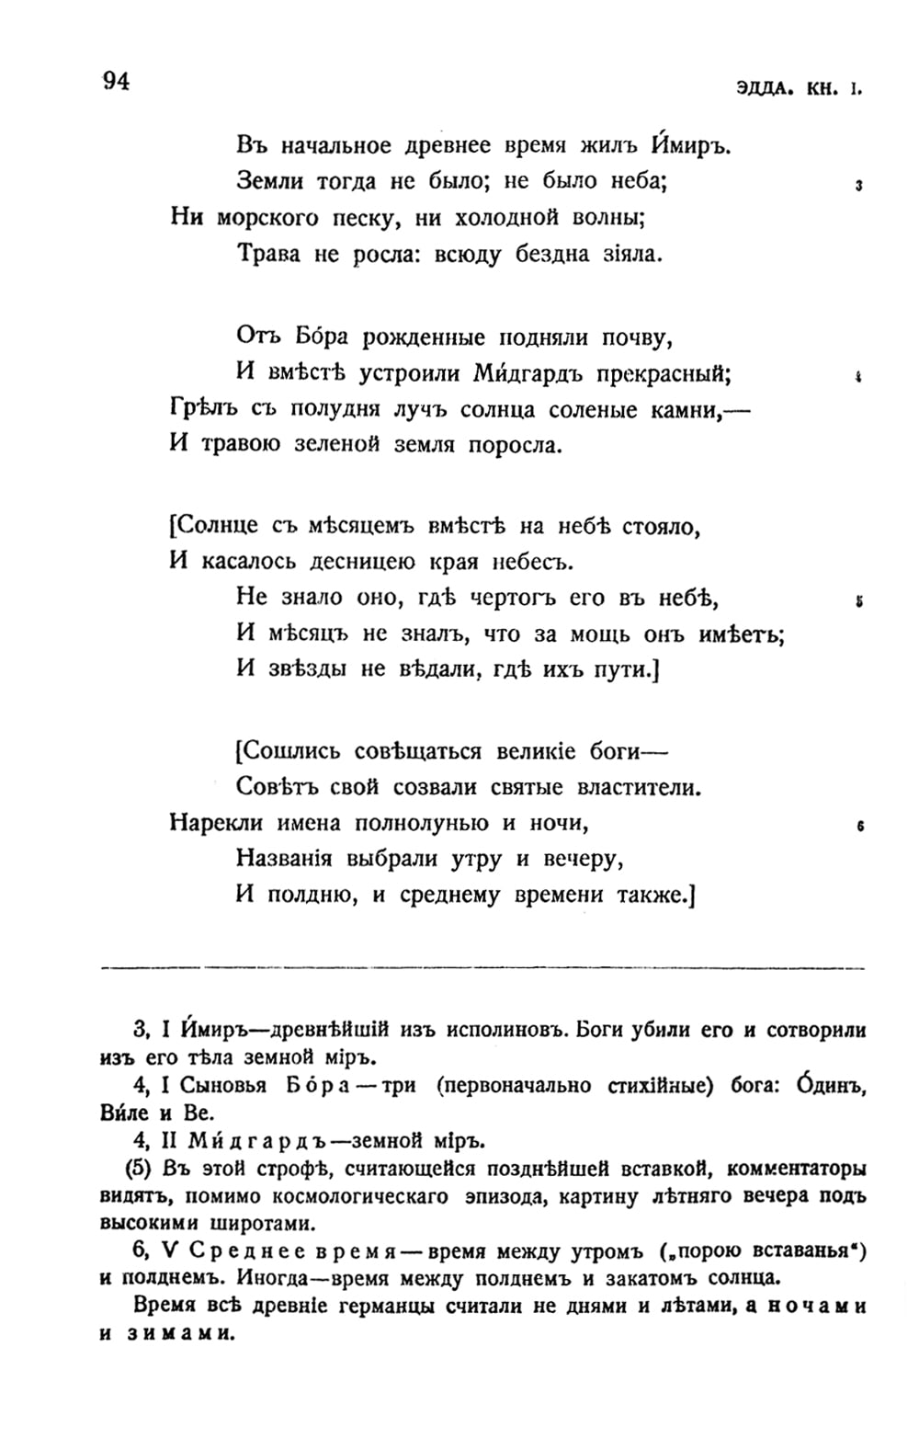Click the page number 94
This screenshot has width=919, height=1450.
pyautogui.click(x=117, y=82)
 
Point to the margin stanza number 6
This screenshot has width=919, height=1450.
pyautogui.click(x=859, y=827)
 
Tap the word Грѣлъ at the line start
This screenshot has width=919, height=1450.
pyautogui.click(x=203, y=410)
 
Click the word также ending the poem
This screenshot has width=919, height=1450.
pyautogui.click(x=646, y=895)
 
